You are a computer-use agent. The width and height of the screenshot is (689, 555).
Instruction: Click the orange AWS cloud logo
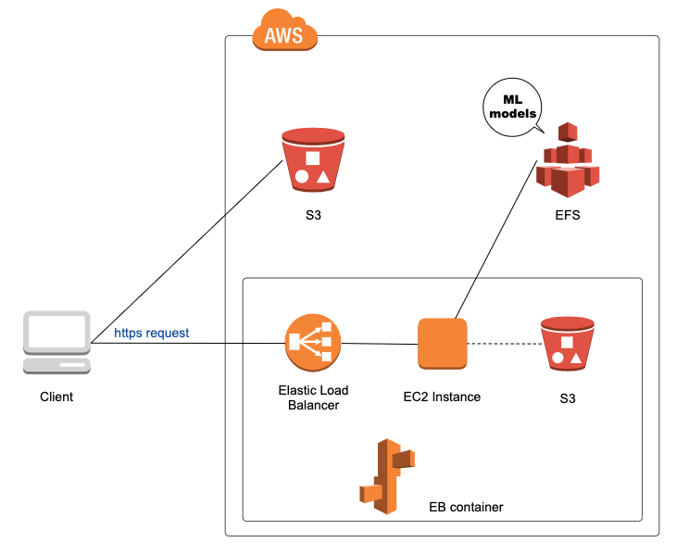click(x=284, y=33)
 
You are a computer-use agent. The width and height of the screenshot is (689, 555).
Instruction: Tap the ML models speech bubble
click(x=513, y=107)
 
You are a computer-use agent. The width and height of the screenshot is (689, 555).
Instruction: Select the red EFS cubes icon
click(x=567, y=161)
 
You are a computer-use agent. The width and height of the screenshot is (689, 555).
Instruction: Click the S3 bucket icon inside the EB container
click(x=566, y=345)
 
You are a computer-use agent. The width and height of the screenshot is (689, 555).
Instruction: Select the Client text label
click(x=56, y=397)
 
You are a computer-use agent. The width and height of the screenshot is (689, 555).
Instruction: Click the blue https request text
click(x=151, y=332)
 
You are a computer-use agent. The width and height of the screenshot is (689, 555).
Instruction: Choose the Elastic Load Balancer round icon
click(x=312, y=343)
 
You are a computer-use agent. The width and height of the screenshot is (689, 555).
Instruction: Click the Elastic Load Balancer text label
click(x=313, y=397)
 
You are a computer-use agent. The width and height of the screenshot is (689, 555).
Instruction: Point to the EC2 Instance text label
click(x=442, y=397)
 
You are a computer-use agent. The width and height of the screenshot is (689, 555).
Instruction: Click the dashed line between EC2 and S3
click(x=504, y=344)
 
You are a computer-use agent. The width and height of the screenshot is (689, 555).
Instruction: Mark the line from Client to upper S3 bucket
click(x=185, y=252)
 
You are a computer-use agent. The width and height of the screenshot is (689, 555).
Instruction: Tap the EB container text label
click(x=466, y=507)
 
